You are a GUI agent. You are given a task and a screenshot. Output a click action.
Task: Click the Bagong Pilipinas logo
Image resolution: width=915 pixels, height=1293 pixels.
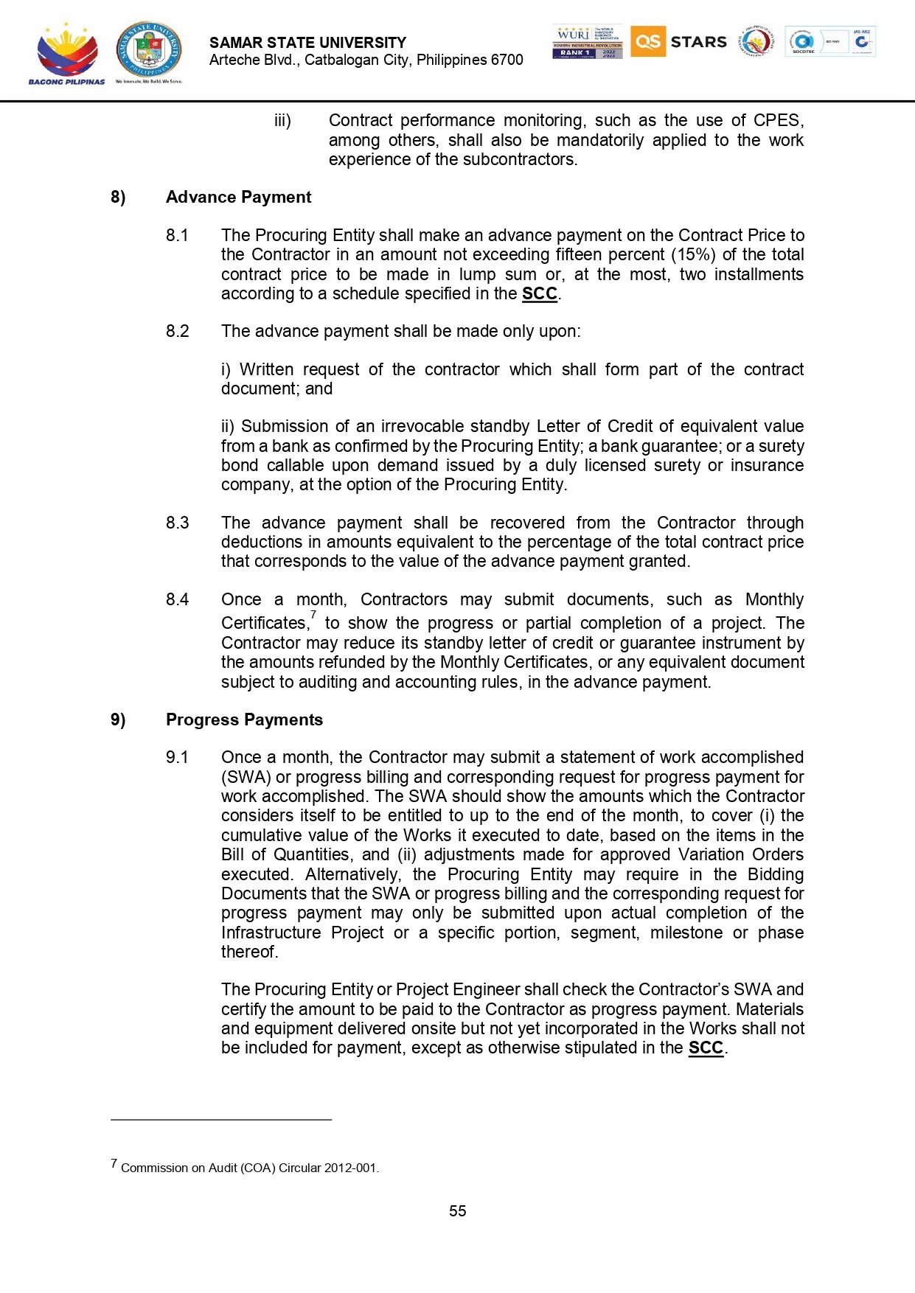point(66,53)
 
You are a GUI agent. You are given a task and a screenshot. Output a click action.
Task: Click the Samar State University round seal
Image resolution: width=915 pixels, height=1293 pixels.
point(148,50)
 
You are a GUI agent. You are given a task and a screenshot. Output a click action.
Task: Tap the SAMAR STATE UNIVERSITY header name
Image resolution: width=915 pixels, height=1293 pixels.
point(307,43)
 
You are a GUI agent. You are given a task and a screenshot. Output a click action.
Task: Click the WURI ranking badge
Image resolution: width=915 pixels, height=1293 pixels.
point(587,41)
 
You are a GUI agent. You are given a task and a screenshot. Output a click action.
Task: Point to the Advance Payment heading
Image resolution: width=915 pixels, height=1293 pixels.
point(238,198)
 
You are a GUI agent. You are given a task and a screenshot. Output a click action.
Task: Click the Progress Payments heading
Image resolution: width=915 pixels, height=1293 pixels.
point(244,720)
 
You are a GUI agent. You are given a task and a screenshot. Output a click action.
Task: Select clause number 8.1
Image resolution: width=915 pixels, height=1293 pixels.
point(177,235)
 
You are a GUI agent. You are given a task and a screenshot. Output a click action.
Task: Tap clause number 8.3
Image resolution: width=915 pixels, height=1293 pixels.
point(177,523)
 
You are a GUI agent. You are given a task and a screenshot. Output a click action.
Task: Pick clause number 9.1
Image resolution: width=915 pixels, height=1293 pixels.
point(177,757)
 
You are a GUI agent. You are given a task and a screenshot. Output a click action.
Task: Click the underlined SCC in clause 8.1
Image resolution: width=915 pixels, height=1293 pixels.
point(539,294)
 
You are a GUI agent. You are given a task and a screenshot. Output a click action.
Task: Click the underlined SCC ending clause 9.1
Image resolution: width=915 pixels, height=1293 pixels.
point(706,1048)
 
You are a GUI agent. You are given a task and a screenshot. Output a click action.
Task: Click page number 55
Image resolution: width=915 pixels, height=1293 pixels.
point(457,1211)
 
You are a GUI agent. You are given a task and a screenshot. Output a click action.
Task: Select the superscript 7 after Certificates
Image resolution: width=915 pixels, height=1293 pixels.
point(313,615)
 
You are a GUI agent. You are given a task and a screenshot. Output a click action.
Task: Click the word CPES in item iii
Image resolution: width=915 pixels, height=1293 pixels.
point(776,121)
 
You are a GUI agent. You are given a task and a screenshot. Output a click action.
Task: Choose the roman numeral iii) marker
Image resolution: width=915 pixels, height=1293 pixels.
point(282,121)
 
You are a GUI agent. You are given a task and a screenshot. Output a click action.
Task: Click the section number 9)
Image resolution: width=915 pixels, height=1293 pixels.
point(118,720)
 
